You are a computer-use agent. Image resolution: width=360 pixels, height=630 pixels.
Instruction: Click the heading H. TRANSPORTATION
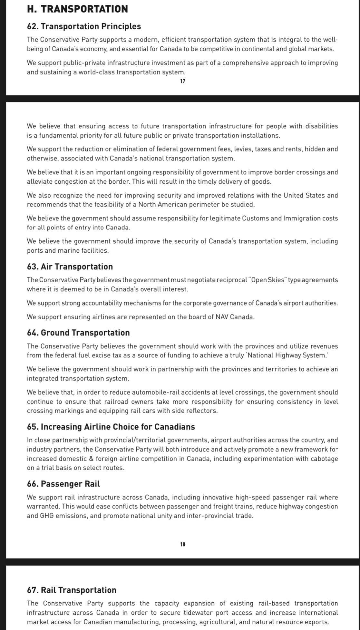(77, 9)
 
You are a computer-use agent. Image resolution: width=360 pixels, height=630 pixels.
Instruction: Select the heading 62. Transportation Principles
(84, 26)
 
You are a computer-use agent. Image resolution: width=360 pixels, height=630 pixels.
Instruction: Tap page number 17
(183, 81)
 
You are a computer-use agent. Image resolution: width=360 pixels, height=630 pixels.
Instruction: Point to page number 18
(183, 544)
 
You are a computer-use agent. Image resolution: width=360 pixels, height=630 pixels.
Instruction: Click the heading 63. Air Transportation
(70, 267)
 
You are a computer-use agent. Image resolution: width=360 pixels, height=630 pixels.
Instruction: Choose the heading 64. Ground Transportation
(78, 333)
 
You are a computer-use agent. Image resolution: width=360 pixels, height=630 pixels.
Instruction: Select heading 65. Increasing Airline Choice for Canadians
(111, 427)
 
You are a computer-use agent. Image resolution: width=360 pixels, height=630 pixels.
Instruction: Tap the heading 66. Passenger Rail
(63, 484)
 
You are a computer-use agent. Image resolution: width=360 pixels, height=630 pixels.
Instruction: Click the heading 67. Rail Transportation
(72, 590)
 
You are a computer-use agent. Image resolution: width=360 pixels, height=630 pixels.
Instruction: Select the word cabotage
(324, 459)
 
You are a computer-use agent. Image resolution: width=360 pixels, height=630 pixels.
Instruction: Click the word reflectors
(201, 411)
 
